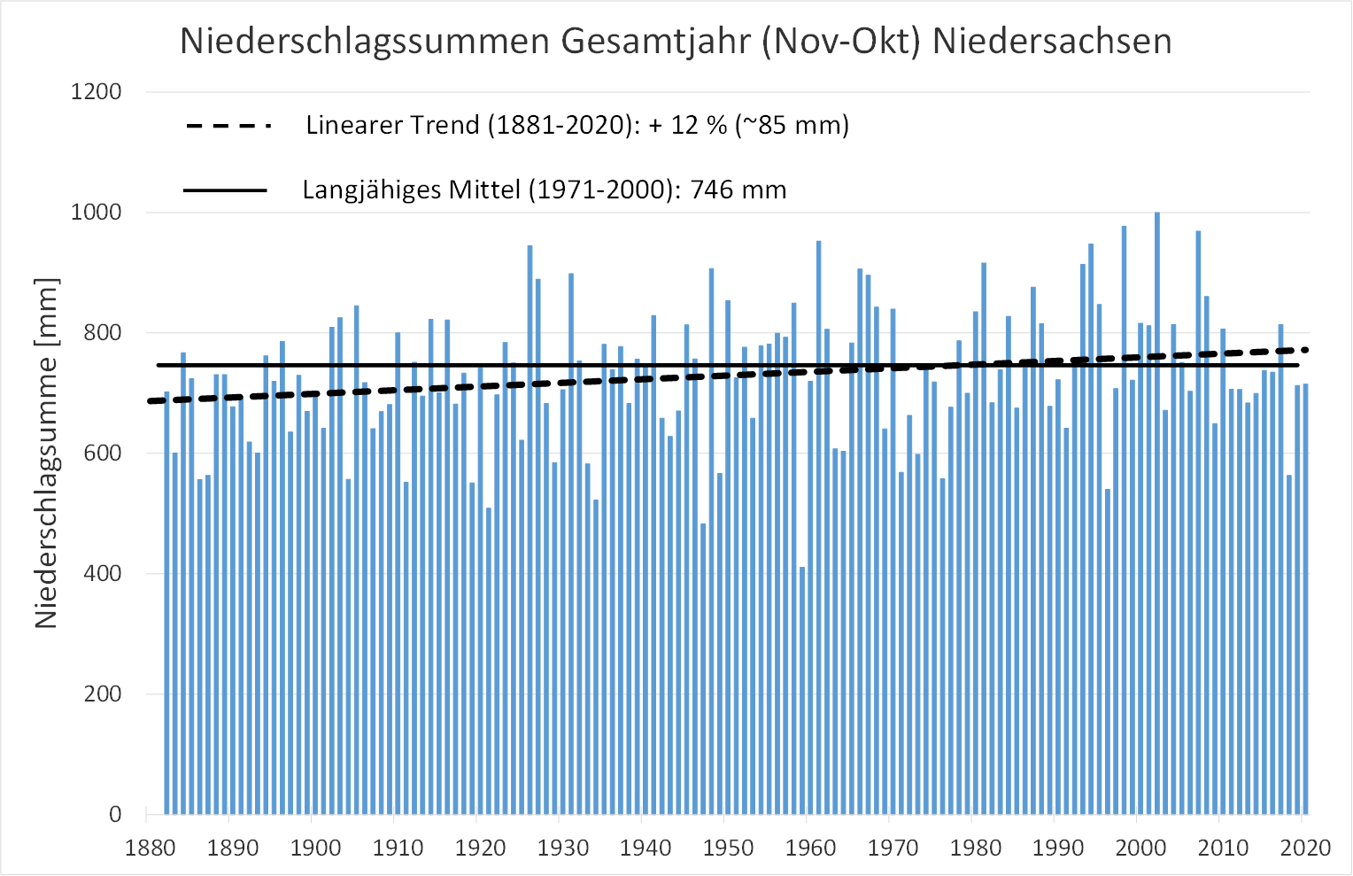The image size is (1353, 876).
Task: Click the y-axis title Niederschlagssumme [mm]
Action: (x=46, y=454)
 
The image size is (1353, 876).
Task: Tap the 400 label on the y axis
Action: (x=103, y=574)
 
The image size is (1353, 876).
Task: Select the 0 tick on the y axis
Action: (x=115, y=815)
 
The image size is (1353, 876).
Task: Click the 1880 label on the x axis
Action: (x=151, y=849)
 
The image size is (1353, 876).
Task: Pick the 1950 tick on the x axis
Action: (x=729, y=849)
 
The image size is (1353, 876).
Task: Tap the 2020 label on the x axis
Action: (x=1306, y=849)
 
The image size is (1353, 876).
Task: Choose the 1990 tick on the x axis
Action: (x=1058, y=849)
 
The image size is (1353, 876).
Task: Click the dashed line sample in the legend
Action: (x=228, y=126)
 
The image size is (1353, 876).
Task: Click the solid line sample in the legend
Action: (x=225, y=190)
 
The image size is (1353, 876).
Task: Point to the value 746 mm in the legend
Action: (x=738, y=190)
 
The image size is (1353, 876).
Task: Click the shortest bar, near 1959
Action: (x=802, y=691)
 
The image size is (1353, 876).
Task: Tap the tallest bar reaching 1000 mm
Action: (x=1157, y=514)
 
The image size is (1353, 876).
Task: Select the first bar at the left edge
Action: (x=166, y=602)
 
